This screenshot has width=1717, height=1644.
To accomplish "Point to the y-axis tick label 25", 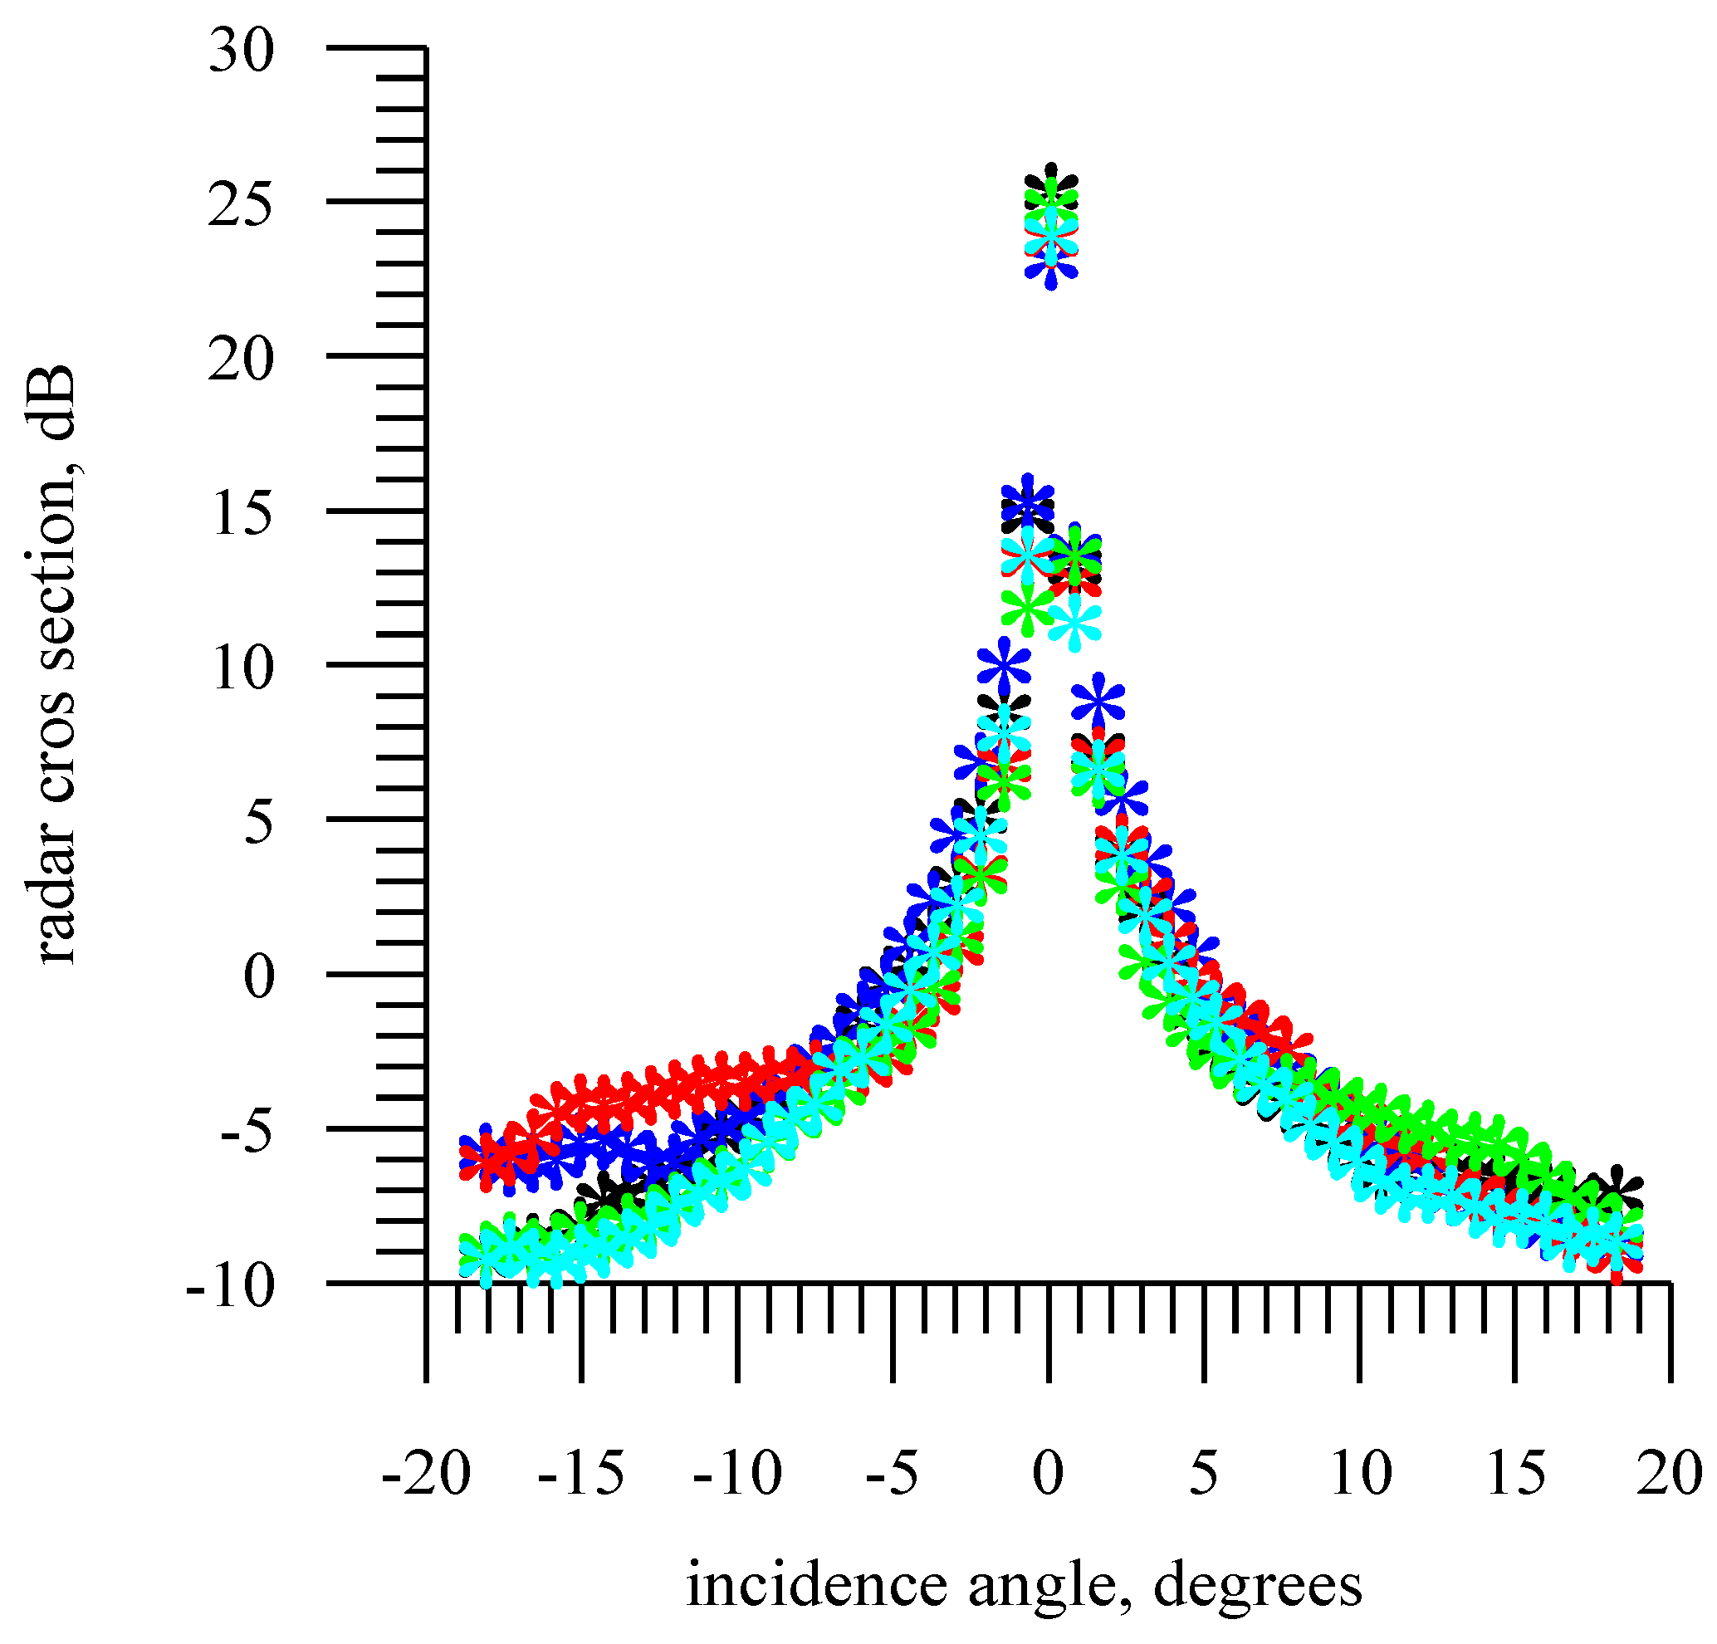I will (241, 207).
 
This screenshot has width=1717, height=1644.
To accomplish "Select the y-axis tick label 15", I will (241, 515).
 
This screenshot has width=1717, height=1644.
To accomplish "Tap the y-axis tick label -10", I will (230, 1288).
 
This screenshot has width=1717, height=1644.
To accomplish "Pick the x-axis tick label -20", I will (426, 1473).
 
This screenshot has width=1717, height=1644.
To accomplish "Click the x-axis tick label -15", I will (582, 1473).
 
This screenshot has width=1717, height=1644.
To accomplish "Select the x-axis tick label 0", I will (1048, 1473).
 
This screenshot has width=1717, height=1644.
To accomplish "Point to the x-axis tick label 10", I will (1361, 1473).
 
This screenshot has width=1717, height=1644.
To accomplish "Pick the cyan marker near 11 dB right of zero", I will (1075, 624).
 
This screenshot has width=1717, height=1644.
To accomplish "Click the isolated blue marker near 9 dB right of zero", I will (1098, 702).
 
